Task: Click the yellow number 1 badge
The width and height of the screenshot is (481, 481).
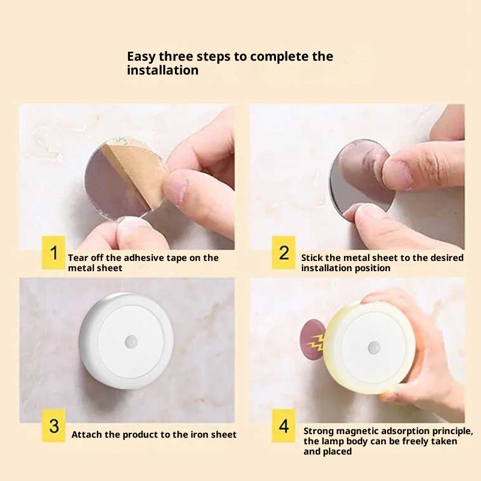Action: [54, 253]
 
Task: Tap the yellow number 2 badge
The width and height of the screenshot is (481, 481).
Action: [284, 253]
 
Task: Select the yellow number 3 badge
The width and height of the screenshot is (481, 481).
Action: [54, 426]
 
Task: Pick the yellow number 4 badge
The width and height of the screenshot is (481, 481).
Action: [284, 426]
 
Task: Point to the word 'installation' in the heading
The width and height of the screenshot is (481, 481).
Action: [163, 70]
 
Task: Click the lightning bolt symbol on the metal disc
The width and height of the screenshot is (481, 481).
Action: [315, 342]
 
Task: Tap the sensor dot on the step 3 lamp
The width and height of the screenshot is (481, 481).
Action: [131, 342]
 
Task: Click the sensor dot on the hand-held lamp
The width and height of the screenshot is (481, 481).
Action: [374, 348]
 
